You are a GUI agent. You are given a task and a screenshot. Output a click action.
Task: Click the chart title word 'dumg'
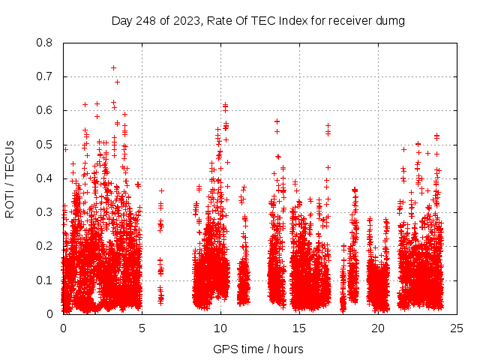coord(391,20)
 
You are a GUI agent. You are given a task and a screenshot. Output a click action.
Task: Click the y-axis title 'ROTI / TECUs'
coord(10,178)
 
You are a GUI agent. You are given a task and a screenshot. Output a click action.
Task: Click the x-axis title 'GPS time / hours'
coord(258,349)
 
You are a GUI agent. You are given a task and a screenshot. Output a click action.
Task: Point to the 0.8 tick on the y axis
coord(44,43)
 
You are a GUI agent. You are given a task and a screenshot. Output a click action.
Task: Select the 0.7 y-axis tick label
coord(44,76)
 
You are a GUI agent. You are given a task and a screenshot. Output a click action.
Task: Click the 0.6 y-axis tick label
coord(44,110)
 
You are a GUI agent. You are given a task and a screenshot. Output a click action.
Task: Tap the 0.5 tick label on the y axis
coord(44,145)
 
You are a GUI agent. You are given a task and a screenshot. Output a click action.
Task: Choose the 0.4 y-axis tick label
coord(44,178)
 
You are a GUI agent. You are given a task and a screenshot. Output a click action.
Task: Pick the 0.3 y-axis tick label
coord(44,212)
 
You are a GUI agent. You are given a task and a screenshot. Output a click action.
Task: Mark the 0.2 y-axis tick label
coord(44,246)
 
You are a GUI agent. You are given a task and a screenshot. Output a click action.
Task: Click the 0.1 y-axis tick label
coord(44,280)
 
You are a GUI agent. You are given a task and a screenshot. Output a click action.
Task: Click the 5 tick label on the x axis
coord(142,328)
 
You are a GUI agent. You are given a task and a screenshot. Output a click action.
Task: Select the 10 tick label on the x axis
coord(220,328)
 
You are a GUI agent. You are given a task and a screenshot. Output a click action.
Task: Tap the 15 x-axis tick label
coord(299,328)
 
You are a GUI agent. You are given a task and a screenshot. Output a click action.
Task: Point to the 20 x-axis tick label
coord(378,328)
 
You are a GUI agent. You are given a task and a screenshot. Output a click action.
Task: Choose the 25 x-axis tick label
coord(457,328)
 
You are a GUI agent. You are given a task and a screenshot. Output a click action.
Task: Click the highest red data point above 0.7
coord(113,67)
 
